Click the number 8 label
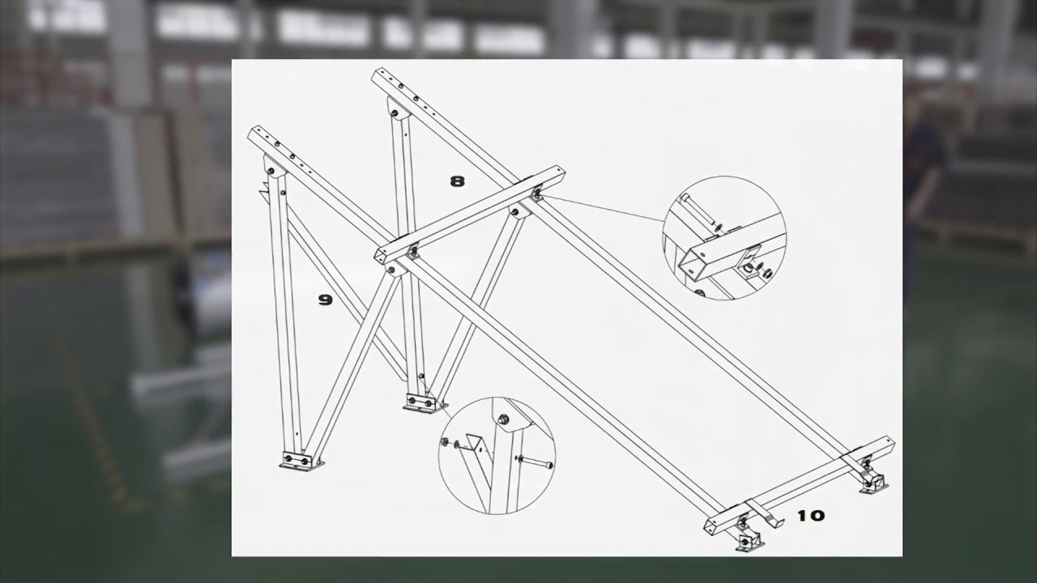457,181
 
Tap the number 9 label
326,300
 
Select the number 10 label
811,516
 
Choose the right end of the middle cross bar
561,173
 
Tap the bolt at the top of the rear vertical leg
395,113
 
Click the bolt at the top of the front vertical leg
272,172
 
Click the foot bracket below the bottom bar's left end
748,539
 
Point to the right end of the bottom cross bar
890,443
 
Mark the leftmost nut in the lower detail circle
445,442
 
